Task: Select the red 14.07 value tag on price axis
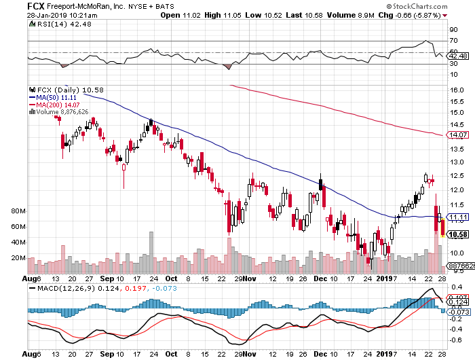[x=455, y=134]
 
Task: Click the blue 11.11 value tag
[x=455, y=216]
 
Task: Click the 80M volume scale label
[x=18, y=211]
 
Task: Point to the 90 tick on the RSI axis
[x=453, y=31]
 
